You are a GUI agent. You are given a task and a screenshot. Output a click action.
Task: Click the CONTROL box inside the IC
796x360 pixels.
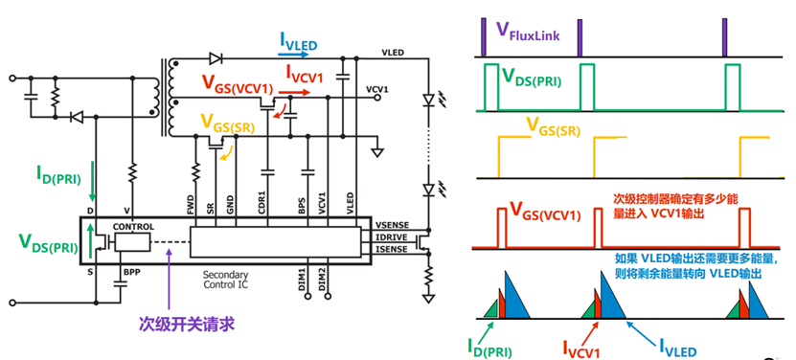(133, 227)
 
